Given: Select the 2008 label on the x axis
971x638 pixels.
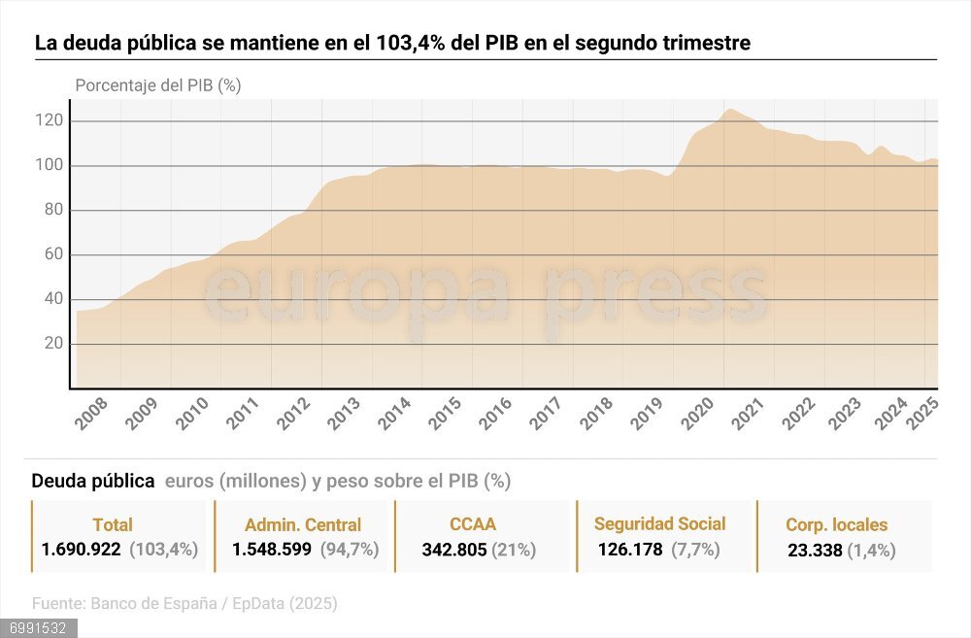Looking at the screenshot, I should (90, 413).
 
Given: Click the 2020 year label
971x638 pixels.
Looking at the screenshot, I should (700, 413).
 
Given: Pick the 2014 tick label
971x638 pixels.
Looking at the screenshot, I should (395, 413).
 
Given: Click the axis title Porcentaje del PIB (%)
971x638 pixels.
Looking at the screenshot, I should (158, 85).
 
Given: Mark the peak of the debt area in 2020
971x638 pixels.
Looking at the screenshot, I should (729, 110).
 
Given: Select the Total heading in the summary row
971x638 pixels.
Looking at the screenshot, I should (113, 525).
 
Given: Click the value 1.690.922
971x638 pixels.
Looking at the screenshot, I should (81, 550).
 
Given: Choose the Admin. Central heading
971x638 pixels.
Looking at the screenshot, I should (303, 525).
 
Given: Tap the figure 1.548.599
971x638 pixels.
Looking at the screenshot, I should (272, 550).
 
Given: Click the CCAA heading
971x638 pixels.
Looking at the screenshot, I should (473, 524).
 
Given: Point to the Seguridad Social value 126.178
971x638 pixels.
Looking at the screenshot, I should (630, 550).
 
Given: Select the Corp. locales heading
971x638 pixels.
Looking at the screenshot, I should (837, 525).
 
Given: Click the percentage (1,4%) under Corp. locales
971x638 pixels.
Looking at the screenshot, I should (871, 551).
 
